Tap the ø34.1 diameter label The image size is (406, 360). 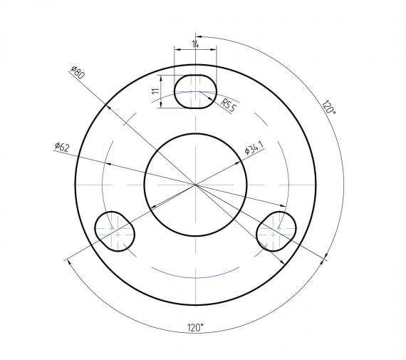click(254, 149)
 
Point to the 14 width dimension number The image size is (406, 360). click(195, 45)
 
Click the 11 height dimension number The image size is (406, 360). click(154, 91)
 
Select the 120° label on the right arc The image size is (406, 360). click(328, 108)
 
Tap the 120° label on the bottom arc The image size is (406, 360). click(195, 326)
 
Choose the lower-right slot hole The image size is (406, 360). click(276, 230)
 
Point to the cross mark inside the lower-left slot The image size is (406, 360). click(118, 232)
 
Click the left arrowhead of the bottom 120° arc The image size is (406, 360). click(68, 262)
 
